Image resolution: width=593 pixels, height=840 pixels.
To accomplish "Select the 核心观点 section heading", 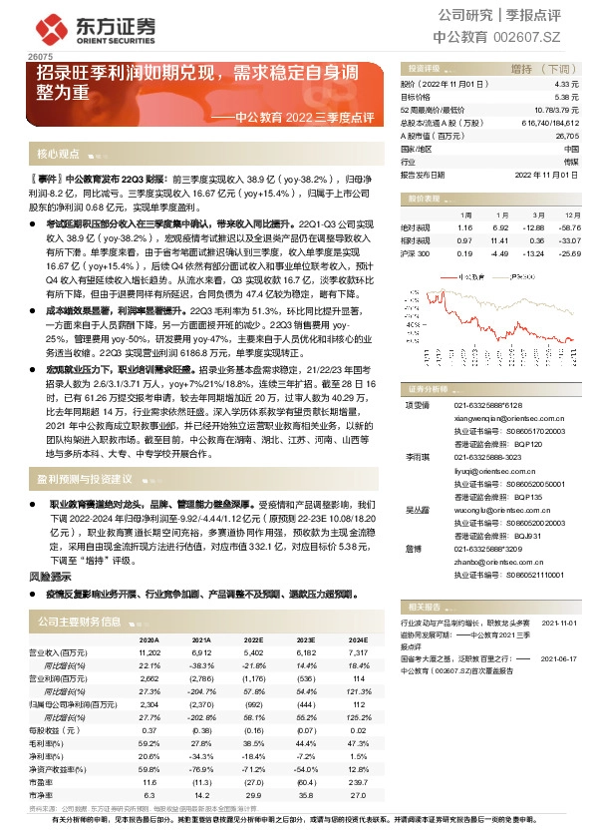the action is click(x=58, y=155).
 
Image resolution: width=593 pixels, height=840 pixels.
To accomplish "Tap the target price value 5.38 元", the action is click(x=567, y=98).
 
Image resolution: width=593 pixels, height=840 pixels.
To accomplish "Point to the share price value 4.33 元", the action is click(x=567, y=86).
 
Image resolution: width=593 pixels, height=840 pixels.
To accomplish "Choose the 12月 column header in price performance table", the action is click(x=571, y=214).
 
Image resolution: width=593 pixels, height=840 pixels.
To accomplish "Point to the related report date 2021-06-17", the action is click(x=559, y=659).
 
